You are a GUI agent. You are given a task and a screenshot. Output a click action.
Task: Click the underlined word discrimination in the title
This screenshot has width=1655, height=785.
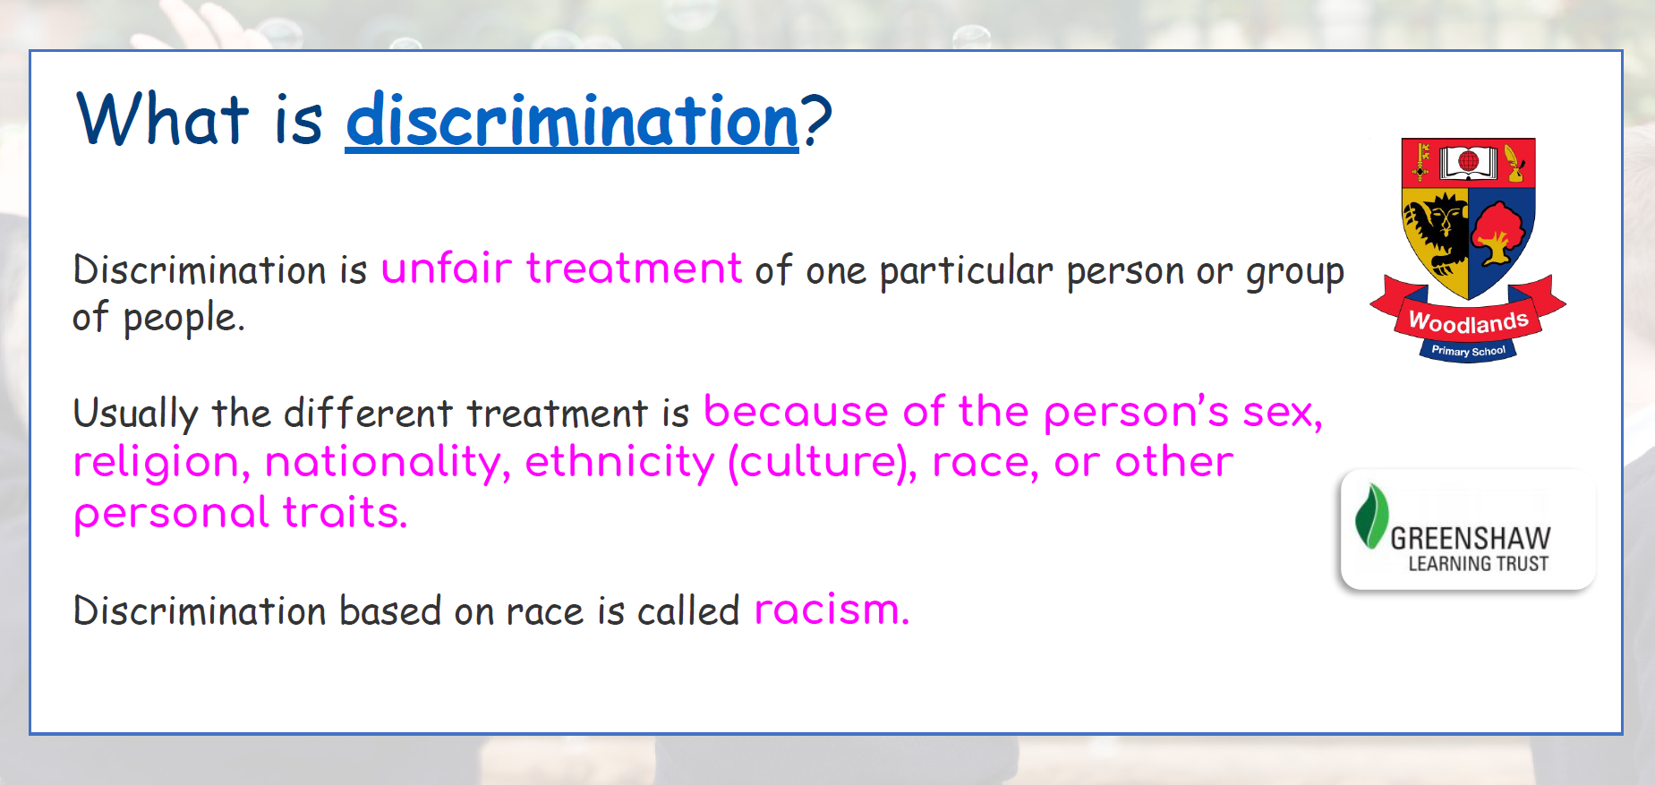572,121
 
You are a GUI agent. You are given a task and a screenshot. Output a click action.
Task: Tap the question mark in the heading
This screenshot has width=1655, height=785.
816,120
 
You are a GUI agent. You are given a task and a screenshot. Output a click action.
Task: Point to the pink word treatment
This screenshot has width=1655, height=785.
634,269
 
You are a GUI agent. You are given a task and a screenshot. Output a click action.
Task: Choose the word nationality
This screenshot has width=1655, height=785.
388,463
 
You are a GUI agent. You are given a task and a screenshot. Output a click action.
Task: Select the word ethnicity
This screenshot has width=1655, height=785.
619,463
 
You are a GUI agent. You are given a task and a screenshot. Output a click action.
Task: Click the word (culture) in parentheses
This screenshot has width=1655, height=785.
823,463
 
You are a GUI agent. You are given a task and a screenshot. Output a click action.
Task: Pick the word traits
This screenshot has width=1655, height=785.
346,513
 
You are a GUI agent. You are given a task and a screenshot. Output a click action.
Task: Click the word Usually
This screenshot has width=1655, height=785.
135,414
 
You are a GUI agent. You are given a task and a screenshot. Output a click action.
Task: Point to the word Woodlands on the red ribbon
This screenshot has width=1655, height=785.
1468,320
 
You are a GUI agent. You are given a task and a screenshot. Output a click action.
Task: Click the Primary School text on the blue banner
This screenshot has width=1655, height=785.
1468,351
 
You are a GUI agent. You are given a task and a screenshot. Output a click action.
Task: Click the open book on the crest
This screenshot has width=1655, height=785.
1468,162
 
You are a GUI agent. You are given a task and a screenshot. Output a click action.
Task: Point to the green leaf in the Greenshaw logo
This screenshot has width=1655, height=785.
1371,516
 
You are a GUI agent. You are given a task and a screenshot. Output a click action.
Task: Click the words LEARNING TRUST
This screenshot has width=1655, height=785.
1478,564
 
